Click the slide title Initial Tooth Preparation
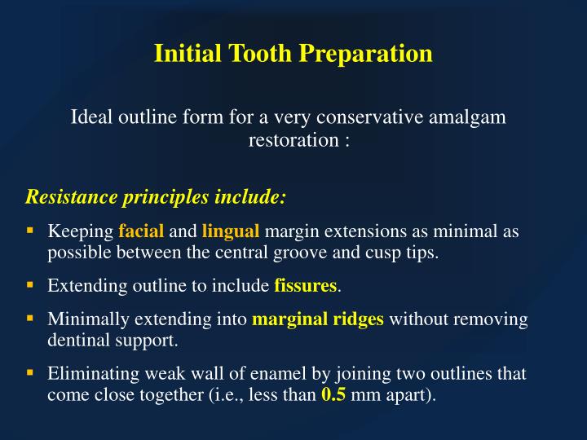(x=293, y=54)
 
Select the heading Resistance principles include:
(x=157, y=197)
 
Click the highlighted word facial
(x=141, y=231)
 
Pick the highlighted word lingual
(x=231, y=231)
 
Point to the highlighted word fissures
(x=306, y=286)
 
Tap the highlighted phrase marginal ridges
(x=318, y=319)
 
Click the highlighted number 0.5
(x=333, y=396)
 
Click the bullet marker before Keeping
(x=30, y=231)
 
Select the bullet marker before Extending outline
(x=30, y=285)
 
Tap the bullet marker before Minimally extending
(x=30, y=319)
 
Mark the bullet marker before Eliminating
(x=30, y=374)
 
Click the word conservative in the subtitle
(x=365, y=117)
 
